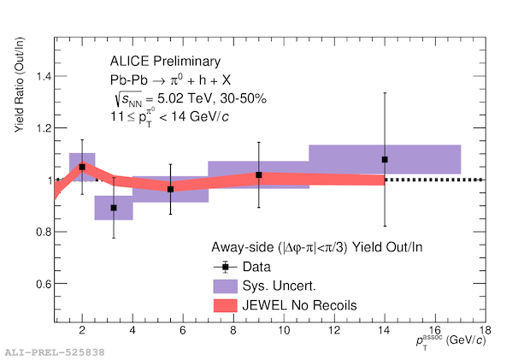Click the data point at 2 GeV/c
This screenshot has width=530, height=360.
(x=82, y=167)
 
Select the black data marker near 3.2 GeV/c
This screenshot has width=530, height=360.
(x=113, y=208)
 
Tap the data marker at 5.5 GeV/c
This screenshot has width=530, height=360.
(x=170, y=189)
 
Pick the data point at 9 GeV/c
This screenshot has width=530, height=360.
(x=258, y=174)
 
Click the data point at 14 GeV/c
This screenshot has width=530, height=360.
(x=385, y=159)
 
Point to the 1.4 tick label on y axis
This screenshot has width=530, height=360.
(x=39, y=77)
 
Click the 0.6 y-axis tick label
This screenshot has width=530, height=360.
(x=39, y=284)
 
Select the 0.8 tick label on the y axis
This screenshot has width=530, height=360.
(x=39, y=232)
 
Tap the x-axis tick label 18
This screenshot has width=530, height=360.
(x=485, y=331)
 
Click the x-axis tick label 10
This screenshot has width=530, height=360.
(x=283, y=331)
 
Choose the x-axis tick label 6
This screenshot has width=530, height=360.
(x=183, y=331)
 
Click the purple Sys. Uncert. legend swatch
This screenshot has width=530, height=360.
(x=225, y=284)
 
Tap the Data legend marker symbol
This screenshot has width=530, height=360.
(x=225, y=266)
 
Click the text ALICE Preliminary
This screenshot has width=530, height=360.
(x=165, y=62)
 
